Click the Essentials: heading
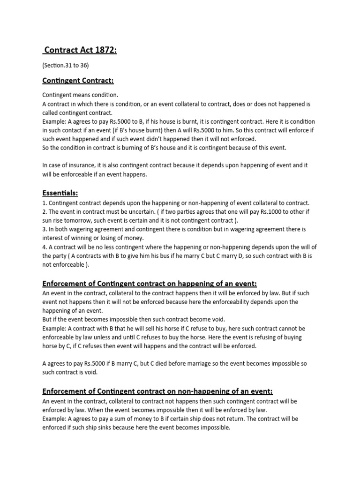60,193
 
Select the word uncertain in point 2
139,212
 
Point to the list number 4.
44,247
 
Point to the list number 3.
44,230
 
